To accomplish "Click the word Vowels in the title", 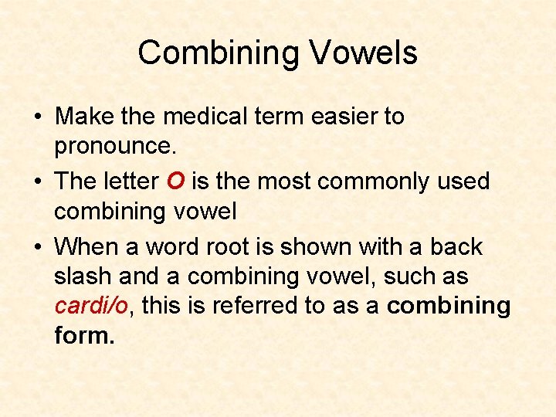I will click(x=364, y=53).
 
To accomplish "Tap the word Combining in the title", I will click(x=218, y=53).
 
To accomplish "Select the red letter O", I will click(x=175, y=181).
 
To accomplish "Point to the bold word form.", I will click(x=84, y=335).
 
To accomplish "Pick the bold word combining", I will click(x=449, y=306).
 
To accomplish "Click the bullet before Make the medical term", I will click(x=38, y=117).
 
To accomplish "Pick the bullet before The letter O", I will click(x=38, y=182).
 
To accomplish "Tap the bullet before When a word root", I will click(x=38, y=248).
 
